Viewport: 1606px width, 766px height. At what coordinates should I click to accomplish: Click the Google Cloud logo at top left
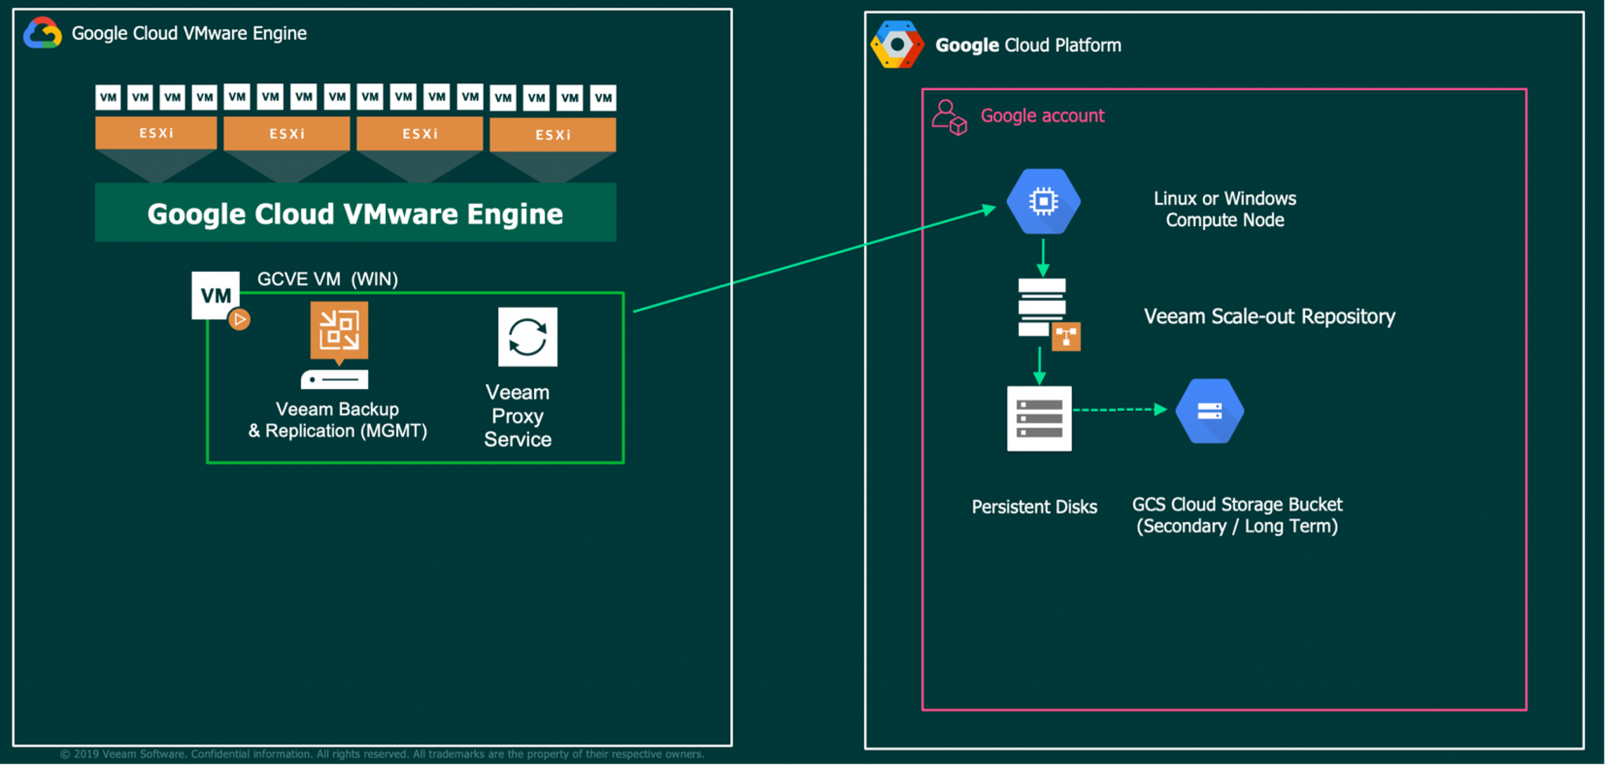click(42, 34)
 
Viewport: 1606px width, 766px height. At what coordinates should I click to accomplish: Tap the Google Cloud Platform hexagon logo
click(897, 45)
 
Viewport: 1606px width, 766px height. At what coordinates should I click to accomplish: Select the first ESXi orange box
click(156, 133)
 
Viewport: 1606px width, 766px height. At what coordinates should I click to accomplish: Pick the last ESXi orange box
click(553, 135)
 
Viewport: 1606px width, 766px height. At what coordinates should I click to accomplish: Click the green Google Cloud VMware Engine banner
click(355, 213)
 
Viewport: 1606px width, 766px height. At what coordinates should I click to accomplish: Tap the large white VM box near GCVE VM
click(215, 295)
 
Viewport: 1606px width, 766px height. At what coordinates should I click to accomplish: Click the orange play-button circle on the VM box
click(240, 319)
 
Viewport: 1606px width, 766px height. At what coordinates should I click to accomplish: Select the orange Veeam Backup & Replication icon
click(339, 331)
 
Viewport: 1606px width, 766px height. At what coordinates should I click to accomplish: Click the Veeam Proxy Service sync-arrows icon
click(527, 337)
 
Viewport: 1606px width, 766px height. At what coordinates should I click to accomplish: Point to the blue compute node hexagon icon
click(1043, 201)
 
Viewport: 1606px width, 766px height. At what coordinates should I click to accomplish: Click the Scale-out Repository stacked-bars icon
click(1043, 308)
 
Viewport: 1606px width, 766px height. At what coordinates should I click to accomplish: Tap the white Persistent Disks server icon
click(1039, 419)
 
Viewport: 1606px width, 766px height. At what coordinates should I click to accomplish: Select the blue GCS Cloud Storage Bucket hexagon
click(1209, 411)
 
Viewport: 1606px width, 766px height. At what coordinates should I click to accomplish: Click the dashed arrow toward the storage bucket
click(1120, 409)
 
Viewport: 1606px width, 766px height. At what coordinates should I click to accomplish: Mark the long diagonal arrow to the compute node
click(816, 260)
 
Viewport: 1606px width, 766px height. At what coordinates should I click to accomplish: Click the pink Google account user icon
click(949, 117)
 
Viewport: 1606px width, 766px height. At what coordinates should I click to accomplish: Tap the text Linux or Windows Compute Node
click(1224, 209)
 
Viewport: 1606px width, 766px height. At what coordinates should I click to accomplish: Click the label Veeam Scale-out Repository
click(1269, 317)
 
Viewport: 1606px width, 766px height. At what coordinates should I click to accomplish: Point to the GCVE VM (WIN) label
click(328, 279)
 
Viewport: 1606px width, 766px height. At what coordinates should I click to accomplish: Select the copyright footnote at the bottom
click(382, 754)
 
